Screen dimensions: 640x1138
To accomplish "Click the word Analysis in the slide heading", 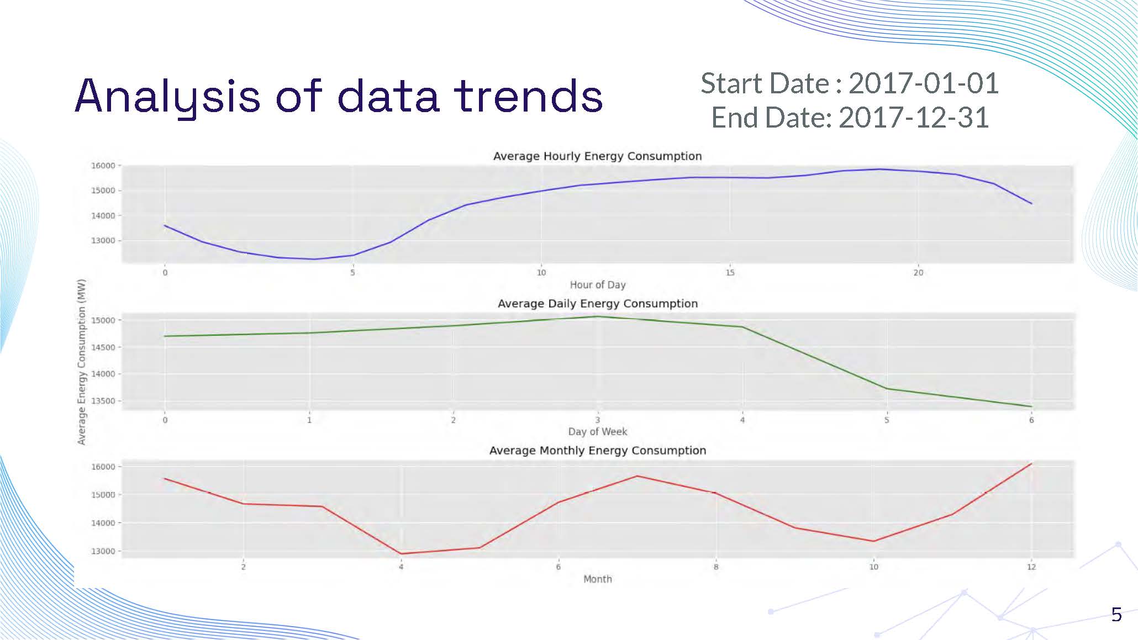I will (x=167, y=97).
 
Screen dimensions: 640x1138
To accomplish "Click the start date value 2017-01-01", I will (x=923, y=83).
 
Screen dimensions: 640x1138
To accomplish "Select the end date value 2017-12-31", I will (x=913, y=118).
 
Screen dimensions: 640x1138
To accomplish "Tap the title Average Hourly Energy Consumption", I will (x=597, y=156).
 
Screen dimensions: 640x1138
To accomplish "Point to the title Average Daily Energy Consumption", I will (x=597, y=304).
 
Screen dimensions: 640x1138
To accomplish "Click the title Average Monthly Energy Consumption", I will (x=597, y=451).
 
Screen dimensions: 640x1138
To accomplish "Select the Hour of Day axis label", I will (x=597, y=285).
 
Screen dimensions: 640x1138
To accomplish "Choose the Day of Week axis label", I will (x=597, y=432).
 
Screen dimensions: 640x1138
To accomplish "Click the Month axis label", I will (x=597, y=579).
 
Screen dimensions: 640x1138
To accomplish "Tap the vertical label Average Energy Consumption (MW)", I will (x=82, y=362).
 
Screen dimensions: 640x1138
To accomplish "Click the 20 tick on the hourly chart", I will (x=918, y=273).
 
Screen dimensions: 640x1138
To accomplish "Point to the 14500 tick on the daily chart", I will (x=103, y=347).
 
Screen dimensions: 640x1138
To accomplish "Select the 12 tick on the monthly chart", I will (x=1031, y=567).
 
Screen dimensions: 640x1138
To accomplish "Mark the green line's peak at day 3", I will (x=597, y=316).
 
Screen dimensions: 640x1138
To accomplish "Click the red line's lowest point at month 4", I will (x=401, y=554).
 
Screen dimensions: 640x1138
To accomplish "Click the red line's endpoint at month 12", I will (x=1031, y=464).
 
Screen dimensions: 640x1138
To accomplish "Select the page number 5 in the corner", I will (x=1116, y=615).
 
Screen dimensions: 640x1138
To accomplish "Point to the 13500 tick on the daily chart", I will (x=103, y=401).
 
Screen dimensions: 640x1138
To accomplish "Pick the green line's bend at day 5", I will (x=887, y=389).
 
